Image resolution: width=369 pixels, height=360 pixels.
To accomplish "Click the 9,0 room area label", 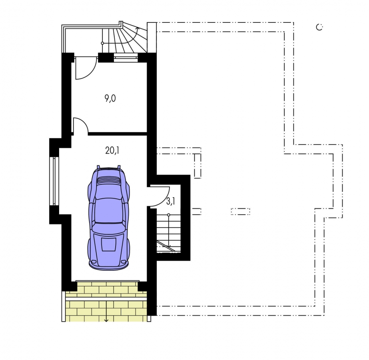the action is tap(110, 98).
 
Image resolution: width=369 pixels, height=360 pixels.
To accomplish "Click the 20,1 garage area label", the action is tap(112, 150).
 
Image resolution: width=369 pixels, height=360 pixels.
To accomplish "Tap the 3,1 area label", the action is tap(171, 202).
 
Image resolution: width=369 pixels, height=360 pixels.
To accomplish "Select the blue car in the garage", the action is tap(109, 218).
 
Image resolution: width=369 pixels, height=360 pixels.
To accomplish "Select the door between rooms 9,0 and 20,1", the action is tap(80, 126).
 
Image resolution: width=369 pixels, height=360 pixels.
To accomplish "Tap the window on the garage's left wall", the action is tap(54, 181).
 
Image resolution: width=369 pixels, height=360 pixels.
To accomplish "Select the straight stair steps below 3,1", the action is tap(168, 234).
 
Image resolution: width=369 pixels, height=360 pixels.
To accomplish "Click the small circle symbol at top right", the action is tap(319, 27).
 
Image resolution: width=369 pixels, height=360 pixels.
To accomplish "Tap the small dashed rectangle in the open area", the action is tap(240, 212).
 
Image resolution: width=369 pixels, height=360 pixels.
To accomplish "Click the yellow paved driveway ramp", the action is tap(106, 301).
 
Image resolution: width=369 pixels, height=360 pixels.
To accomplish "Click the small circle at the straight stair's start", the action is tap(168, 215).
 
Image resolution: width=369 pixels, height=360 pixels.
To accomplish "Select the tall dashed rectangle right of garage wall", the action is tap(197, 166).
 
